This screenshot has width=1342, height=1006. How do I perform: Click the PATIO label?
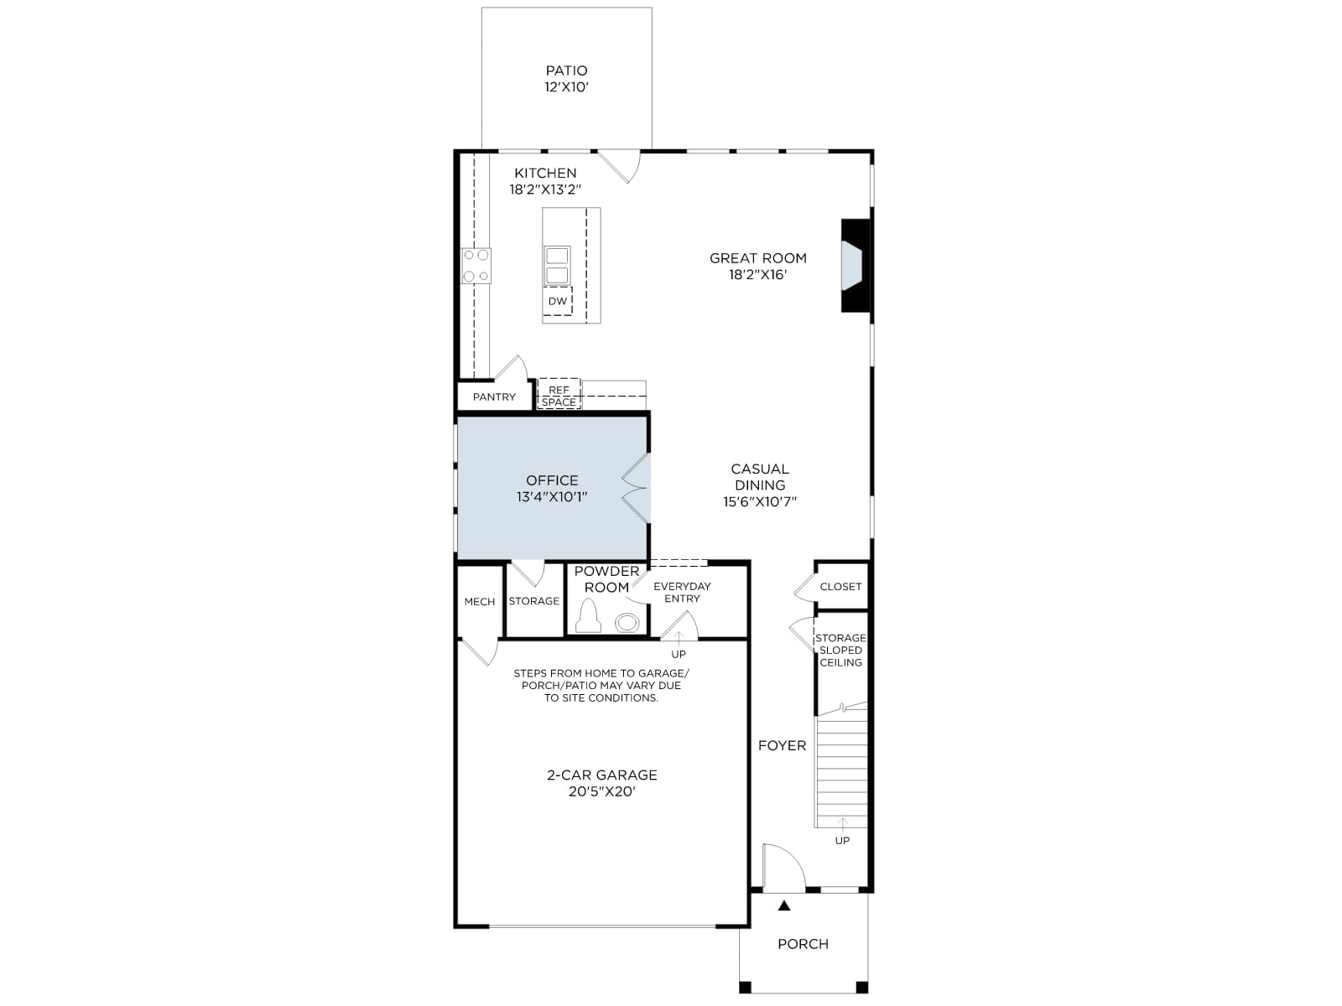566,71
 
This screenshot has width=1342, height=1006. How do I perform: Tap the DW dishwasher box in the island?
558,301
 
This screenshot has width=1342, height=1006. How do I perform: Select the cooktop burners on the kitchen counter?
476,266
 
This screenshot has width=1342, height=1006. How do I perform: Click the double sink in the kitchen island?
557,265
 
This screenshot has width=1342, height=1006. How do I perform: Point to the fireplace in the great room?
856,266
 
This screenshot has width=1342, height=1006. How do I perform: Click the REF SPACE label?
559,396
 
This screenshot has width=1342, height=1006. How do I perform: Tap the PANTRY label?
494,397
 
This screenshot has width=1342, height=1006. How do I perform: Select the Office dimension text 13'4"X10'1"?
551,497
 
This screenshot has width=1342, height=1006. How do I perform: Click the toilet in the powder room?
590,615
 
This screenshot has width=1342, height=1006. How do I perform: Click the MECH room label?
479,602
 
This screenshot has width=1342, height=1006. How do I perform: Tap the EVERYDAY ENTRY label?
682,593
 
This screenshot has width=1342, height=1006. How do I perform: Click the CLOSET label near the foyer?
840,586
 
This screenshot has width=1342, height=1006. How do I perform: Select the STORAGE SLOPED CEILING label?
840,650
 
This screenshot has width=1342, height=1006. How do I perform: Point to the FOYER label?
782,745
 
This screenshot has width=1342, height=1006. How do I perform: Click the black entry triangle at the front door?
784,906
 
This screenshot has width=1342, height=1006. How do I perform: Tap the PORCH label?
803,944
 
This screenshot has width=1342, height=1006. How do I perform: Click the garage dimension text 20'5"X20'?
601,791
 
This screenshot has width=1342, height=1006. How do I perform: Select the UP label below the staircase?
842,841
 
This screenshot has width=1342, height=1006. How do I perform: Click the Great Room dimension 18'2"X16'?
757,275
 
